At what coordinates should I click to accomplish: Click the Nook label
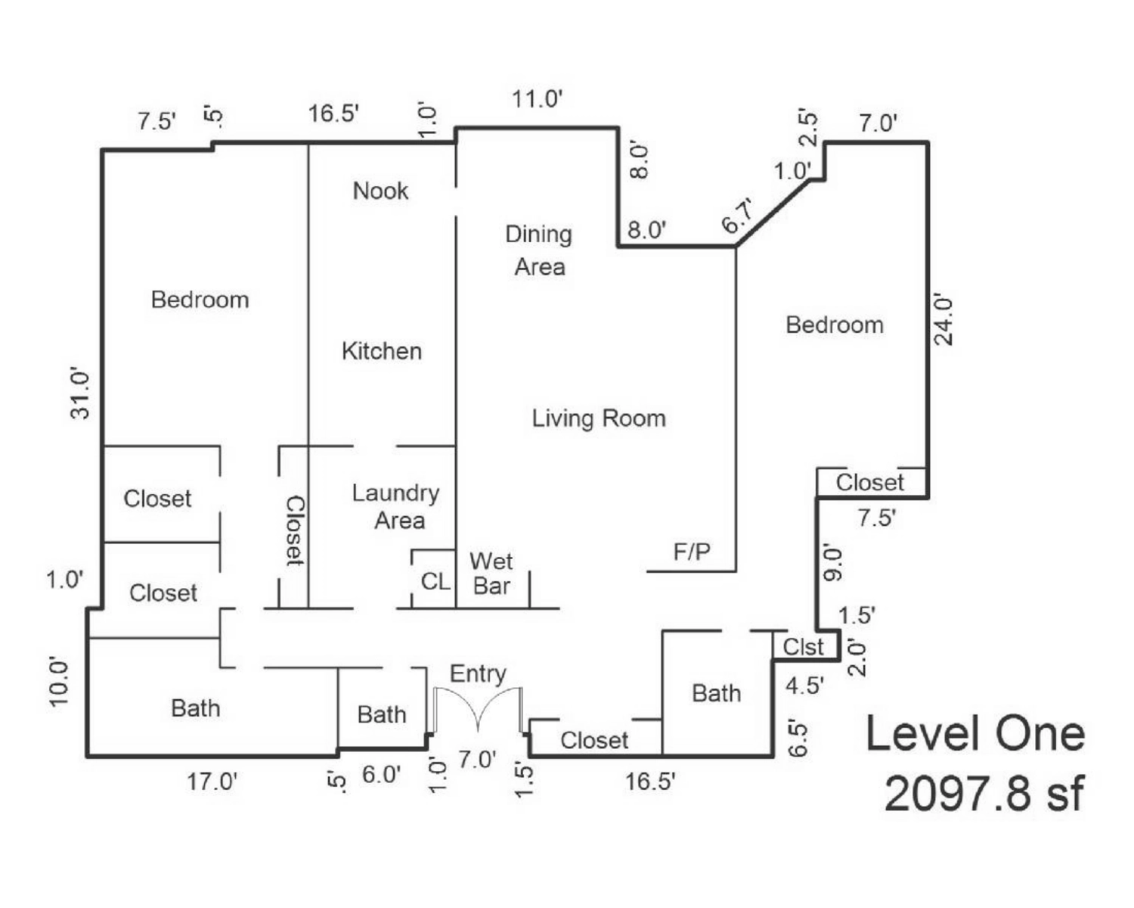point(380,191)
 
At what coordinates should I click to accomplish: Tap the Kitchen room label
point(382,351)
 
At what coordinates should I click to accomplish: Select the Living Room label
point(599,418)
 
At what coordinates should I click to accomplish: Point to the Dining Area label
point(539,250)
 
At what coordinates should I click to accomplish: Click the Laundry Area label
point(395,506)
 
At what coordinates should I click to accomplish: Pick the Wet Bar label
point(491,574)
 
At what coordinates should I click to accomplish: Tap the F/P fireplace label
point(692,552)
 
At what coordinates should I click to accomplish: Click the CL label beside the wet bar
point(435,582)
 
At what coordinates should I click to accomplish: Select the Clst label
point(803,647)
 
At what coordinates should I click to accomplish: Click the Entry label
point(478,674)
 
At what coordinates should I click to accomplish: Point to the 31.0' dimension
point(81,396)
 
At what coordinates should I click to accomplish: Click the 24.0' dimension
point(943,321)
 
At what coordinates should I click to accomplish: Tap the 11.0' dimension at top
point(538,98)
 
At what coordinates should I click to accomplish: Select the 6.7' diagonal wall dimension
point(738,216)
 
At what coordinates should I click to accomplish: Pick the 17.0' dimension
point(212,782)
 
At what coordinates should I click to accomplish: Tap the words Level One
point(975,733)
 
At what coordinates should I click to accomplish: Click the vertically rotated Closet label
point(294,531)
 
